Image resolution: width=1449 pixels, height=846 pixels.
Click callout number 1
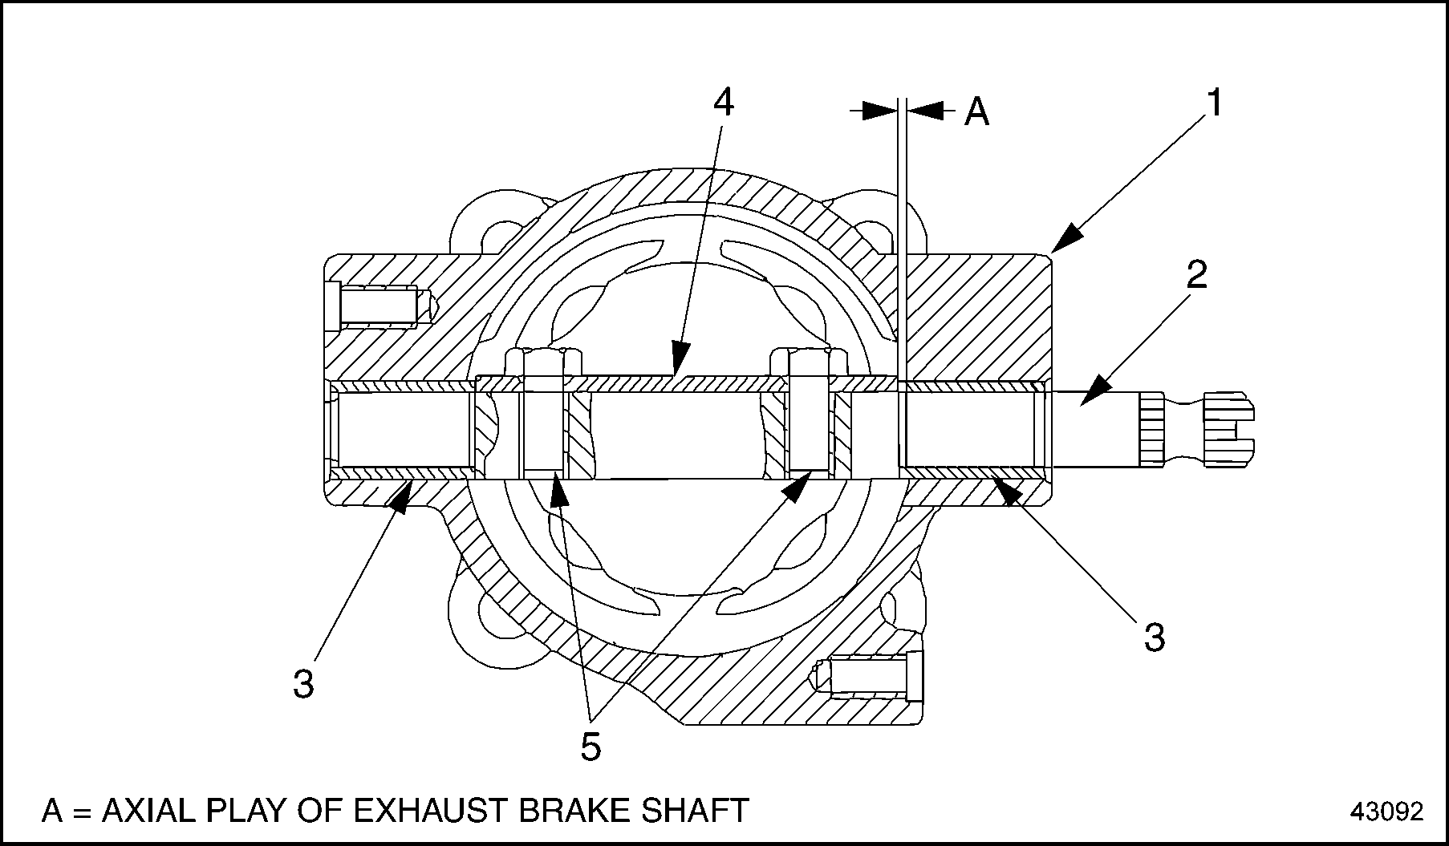tap(1214, 103)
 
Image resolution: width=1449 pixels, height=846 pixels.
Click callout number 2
tap(1195, 275)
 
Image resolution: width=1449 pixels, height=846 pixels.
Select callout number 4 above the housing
tap(723, 103)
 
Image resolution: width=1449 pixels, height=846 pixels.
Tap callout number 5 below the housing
tap(590, 747)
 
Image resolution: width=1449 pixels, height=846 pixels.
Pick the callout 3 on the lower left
tap(303, 684)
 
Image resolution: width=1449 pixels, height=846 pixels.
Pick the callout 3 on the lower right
tap(1154, 638)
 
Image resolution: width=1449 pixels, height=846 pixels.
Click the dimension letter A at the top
tap(976, 111)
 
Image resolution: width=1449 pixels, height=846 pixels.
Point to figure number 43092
tap(1386, 812)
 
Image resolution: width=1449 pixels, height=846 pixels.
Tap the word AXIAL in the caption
tap(152, 810)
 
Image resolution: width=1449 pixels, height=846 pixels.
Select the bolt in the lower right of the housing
tap(871, 674)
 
